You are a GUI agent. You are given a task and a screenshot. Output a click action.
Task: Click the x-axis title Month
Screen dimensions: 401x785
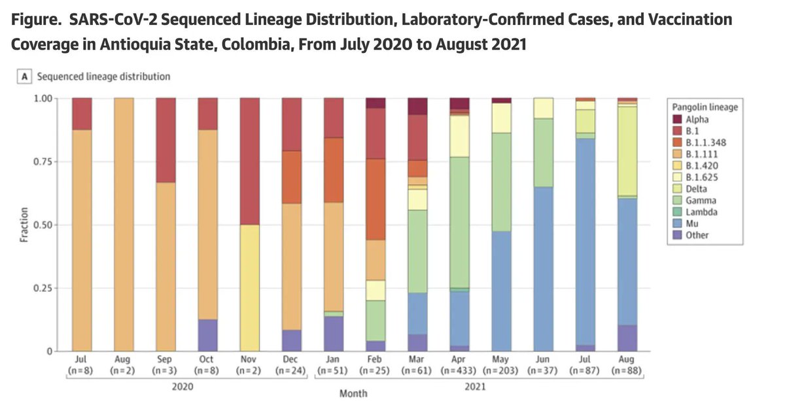click(x=354, y=393)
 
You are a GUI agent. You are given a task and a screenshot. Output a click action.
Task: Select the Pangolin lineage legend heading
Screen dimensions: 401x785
click(x=705, y=107)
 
